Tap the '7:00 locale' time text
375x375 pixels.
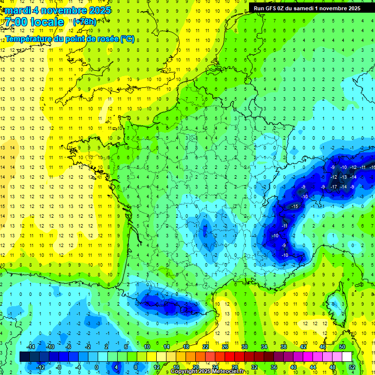pyautogui.click(x=34, y=22)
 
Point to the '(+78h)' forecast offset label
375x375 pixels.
pyautogui.click(x=84, y=21)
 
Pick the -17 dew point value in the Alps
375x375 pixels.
pyautogui.click(x=334, y=187)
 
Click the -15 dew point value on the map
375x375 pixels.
pyautogui.click(x=294, y=207)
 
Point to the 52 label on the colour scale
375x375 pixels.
pyautogui.click(x=352, y=367)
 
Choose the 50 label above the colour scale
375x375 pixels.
pyautogui.click(x=342, y=347)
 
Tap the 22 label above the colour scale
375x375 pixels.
pyautogui.click(x=206, y=347)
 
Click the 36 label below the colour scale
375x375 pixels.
pyautogui.click(x=274, y=367)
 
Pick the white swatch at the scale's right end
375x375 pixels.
pyautogui.click(x=347, y=357)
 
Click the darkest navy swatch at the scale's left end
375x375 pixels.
pyautogui.click(x=24, y=357)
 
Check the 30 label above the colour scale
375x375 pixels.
pyautogui.click(x=245, y=347)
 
